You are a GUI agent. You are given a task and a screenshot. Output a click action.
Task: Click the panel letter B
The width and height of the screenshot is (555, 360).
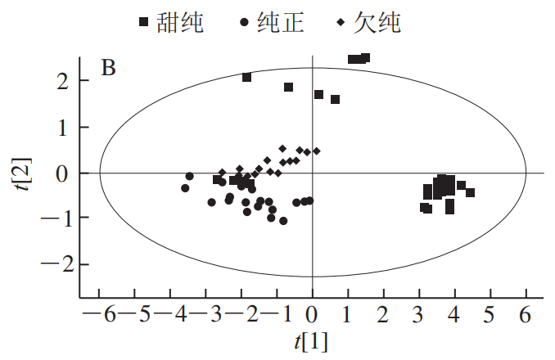tap(107, 68)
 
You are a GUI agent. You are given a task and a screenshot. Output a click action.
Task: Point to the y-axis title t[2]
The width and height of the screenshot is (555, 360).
tap(30, 173)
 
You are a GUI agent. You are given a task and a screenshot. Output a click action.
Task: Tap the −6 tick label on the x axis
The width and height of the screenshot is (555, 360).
tap(94, 315)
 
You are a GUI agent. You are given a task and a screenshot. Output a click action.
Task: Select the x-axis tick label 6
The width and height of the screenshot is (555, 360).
tap(525, 315)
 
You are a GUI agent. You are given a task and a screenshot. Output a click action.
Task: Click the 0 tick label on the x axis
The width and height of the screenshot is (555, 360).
tap(312, 315)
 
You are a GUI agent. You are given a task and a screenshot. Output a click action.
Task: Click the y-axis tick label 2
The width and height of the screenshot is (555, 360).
tap(62, 81)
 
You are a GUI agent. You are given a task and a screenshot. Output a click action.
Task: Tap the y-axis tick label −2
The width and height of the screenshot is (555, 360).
tap(56, 264)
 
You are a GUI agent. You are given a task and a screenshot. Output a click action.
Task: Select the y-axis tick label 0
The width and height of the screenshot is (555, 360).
tap(62, 173)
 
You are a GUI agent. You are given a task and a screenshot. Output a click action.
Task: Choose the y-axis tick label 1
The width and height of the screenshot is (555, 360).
tap(62, 128)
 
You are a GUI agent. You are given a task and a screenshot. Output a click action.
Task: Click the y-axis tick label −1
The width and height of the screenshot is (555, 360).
tap(56, 218)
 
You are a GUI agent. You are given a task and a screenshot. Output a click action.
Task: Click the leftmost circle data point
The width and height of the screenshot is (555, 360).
tap(185, 188)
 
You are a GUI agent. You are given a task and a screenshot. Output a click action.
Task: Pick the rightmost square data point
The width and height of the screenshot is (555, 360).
tap(470, 193)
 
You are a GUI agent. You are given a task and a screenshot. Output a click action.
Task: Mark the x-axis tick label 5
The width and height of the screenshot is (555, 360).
tap(490, 315)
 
